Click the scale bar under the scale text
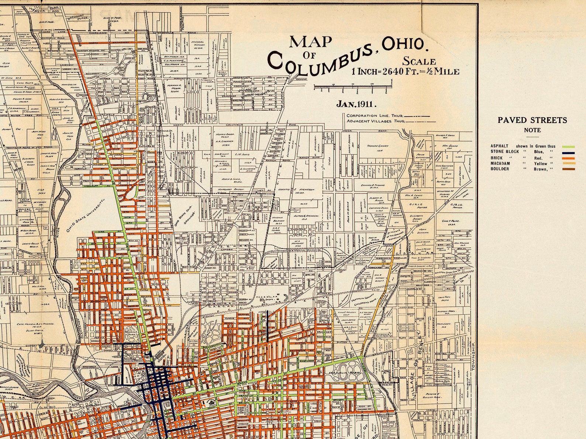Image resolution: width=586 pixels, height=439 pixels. pyautogui.click(x=352, y=87)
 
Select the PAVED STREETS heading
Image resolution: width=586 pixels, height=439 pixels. pyautogui.click(x=532, y=120)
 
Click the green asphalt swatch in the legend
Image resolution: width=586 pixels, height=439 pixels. pyautogui.click(x=568, y=146)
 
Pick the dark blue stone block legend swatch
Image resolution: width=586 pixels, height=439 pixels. pyautogui.click(x=568, y=151)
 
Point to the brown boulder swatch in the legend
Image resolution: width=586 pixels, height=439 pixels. pyautogui.click(x=568, y=169)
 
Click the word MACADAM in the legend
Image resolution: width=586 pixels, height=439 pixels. pyautogui.click(x=500, y=163)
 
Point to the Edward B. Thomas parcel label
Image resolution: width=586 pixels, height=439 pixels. pyautogui.click(x=376, y=185)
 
